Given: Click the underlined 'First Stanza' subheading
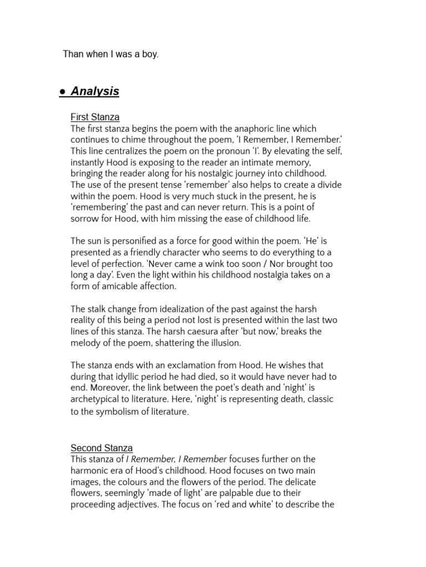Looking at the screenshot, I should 95,117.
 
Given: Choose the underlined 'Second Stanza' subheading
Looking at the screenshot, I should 102,448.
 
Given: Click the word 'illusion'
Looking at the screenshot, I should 223,343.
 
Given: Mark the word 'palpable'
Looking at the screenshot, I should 236,493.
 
